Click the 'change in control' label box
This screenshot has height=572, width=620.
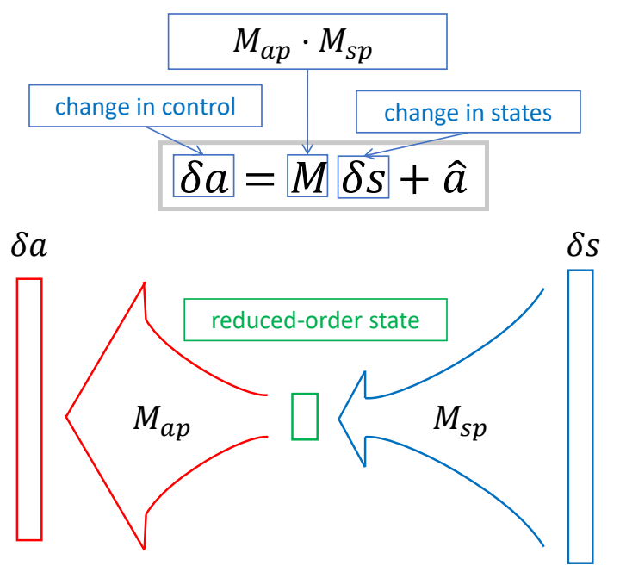pos(146,108)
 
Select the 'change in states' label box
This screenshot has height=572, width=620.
pos(468,113)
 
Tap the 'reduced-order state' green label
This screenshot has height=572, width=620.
pos(315,321)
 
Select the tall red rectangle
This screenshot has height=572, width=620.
pos(29,409)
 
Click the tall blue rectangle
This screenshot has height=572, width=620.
pos(580,415)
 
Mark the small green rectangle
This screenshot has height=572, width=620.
pos(305,416)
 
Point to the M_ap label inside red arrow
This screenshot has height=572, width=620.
pos(161,421)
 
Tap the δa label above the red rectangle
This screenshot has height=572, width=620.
pos(28,246)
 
